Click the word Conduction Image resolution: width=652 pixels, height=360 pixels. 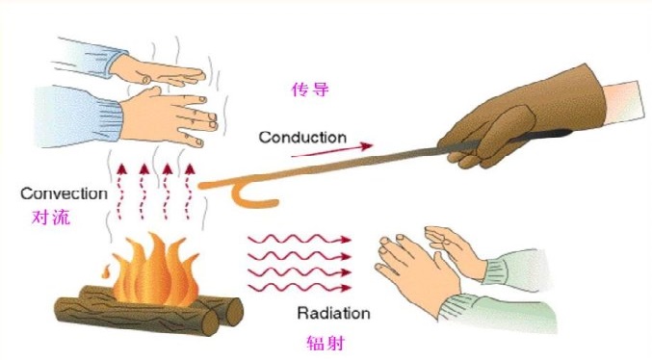click(302, 138)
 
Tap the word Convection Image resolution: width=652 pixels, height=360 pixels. click(64, 193)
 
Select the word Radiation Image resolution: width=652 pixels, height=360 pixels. click(333, 313)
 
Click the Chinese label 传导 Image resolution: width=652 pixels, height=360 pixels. click(310, 90)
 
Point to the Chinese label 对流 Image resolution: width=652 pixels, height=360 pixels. click(51, 218)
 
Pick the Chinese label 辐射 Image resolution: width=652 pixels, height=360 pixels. click(326, 343)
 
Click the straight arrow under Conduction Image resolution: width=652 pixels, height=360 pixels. click(331, 150)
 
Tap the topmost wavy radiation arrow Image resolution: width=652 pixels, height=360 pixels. click(300, 240)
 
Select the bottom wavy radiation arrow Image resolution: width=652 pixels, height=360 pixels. click(300, 287)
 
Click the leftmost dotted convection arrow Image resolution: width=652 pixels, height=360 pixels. click(121, 192)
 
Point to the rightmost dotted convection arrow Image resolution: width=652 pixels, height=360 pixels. click(189, 192)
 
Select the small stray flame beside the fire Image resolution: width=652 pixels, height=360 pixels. click(106, 271)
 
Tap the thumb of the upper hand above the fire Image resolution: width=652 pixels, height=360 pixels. click(146, 78)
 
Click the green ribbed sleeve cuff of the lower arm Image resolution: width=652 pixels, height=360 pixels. click(456, 308)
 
